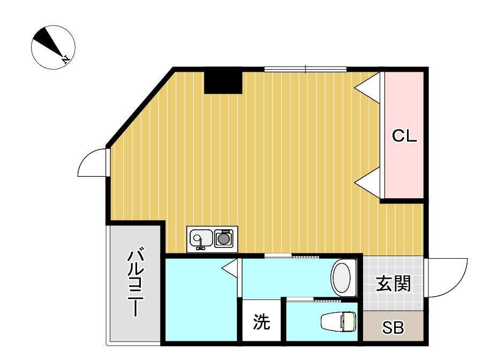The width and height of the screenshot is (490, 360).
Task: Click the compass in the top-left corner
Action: point(53,47)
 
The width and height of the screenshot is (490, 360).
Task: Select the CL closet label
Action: point(404,136)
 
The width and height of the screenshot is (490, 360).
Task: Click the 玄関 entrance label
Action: point(393,283)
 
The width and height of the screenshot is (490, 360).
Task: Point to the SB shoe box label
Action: point(393,328)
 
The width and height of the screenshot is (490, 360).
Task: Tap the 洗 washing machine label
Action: point(261,322)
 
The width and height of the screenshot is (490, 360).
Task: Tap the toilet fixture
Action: point(338,321)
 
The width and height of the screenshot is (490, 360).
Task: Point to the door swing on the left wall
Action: point(92,163)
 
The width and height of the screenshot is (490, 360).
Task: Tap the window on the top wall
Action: point(305,69)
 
